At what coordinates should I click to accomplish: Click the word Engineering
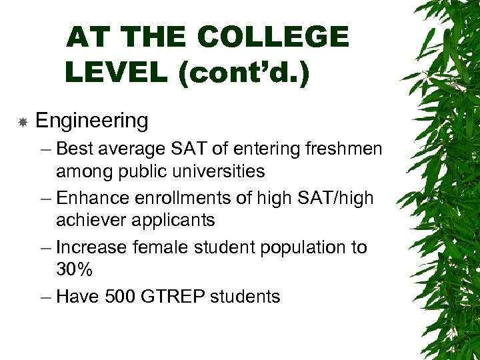(91, 121)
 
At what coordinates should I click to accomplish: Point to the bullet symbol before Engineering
(23, 122)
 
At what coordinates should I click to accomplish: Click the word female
(161, 247)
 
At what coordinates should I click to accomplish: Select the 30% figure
(74, 270)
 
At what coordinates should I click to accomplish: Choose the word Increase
(91, 247)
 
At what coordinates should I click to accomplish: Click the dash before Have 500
(46, 297)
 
